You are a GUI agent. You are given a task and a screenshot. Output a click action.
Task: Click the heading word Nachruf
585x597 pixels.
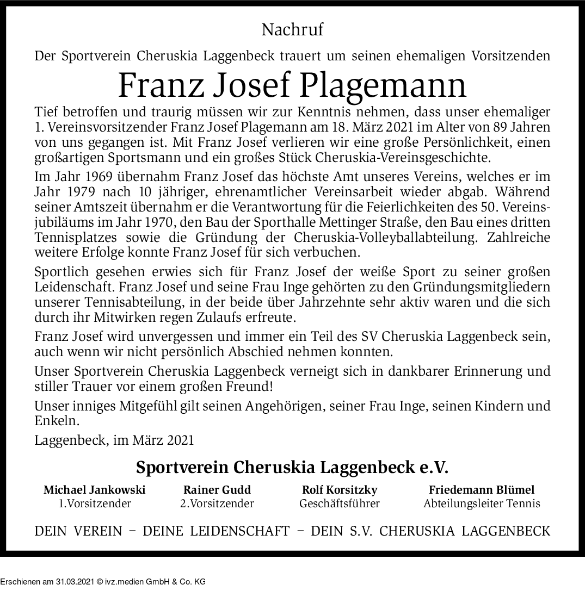(292, 29)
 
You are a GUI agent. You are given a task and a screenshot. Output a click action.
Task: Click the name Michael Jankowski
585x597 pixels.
(95, 489)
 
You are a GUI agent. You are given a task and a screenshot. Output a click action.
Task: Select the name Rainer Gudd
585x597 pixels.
(217, 489)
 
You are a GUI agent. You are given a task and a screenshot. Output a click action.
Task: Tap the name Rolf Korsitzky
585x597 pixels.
(339, 489)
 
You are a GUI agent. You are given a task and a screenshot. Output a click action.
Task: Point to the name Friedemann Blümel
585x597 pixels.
(482, 489)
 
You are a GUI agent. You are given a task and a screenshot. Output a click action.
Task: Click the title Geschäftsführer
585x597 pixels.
(339, 503)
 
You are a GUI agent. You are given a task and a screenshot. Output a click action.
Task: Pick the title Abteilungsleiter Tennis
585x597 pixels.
(482, 503)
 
